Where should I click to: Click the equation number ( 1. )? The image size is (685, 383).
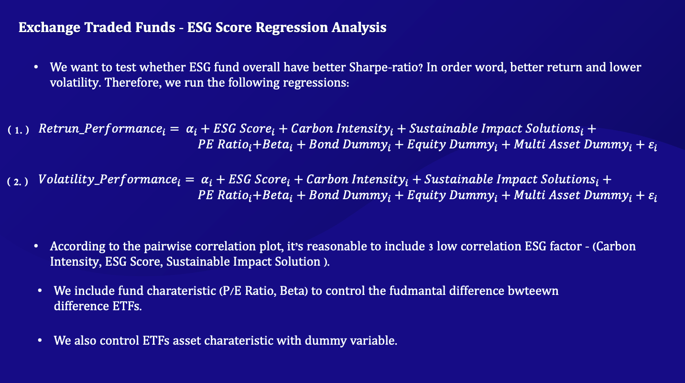tap(19, 130)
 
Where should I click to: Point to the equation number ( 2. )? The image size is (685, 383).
tap(18, 181)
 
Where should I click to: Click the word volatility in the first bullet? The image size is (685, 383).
tap(73, 83)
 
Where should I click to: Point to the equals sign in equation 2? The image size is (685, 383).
tap(189, 180)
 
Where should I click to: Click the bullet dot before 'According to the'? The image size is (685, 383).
tap(36, 247)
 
